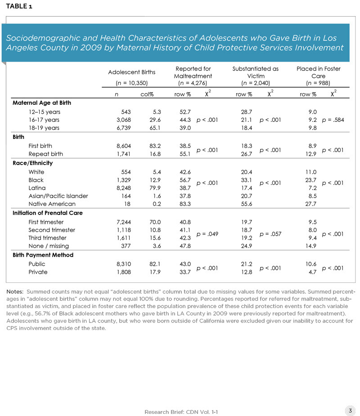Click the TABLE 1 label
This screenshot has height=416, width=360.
pos(19,6)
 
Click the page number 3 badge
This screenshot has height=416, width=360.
pos(349,410)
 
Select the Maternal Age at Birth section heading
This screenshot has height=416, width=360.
pos(42,103)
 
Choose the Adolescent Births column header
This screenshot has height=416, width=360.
pos(132,72)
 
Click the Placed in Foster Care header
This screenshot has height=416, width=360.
pos(318,72)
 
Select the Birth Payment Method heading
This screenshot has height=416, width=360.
pos(43,255)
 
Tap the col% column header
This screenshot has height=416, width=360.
pos(148,94)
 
